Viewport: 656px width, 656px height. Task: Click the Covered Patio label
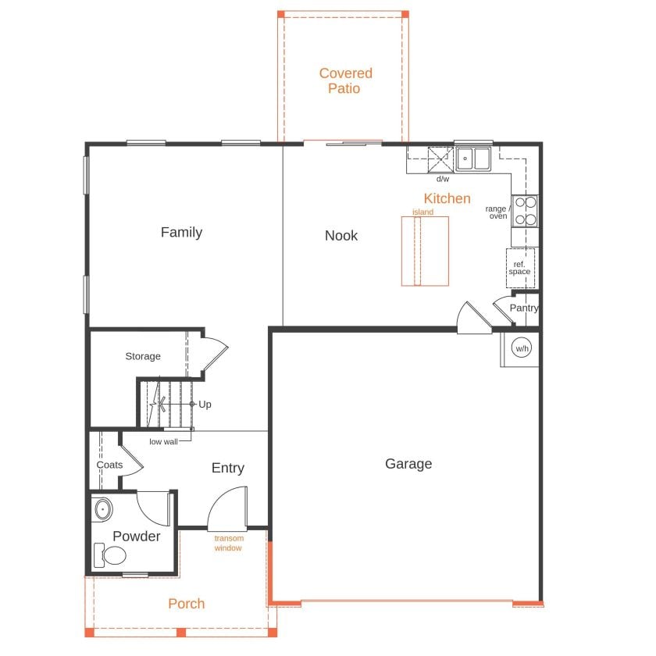pyautogui.click(x=345, y=80)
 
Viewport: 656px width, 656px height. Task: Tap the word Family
pyautogui.click(x=181, y=232)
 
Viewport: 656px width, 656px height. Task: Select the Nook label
pyautogui.click(x=341, y=236)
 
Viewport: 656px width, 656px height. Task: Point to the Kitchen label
pyautogui.click(x=447, y=198)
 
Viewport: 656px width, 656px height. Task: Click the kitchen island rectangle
pyautogui.click(x=425, y=251)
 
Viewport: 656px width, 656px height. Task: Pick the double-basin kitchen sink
pyautogui.click(x=473, y=159)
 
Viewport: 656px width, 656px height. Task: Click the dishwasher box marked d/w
pyautogui.click(x=440, y=159)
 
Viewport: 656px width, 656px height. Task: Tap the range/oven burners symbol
pyautogui.click(x=525, y=211)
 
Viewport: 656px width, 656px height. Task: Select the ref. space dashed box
pyautogui.click(x=520, y=268)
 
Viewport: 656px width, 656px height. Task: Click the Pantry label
pyautogui.click(x=524, y=308)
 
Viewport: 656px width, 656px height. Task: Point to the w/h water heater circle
pyautogui.click(x=522, y=348)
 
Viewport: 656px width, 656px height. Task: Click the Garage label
pyautogui.click(x=408, y=464)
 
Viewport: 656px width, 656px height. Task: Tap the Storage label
pyautogui.click(x=143, y=356)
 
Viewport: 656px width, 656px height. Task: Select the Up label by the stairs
pyautogui.click(x=205, y=405)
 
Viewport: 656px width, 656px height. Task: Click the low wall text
pyautogui.click(x=163, y=442)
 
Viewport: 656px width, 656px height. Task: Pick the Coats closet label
pyautogui.click(x=109, y=465)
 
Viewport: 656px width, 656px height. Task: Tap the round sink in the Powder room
pyautogui.click(x=103, y=509)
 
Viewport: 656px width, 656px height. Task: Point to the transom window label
pyautogui.click(x=229, y=543)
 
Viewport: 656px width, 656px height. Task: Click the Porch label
pyautogui.click(x=186, y=604)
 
